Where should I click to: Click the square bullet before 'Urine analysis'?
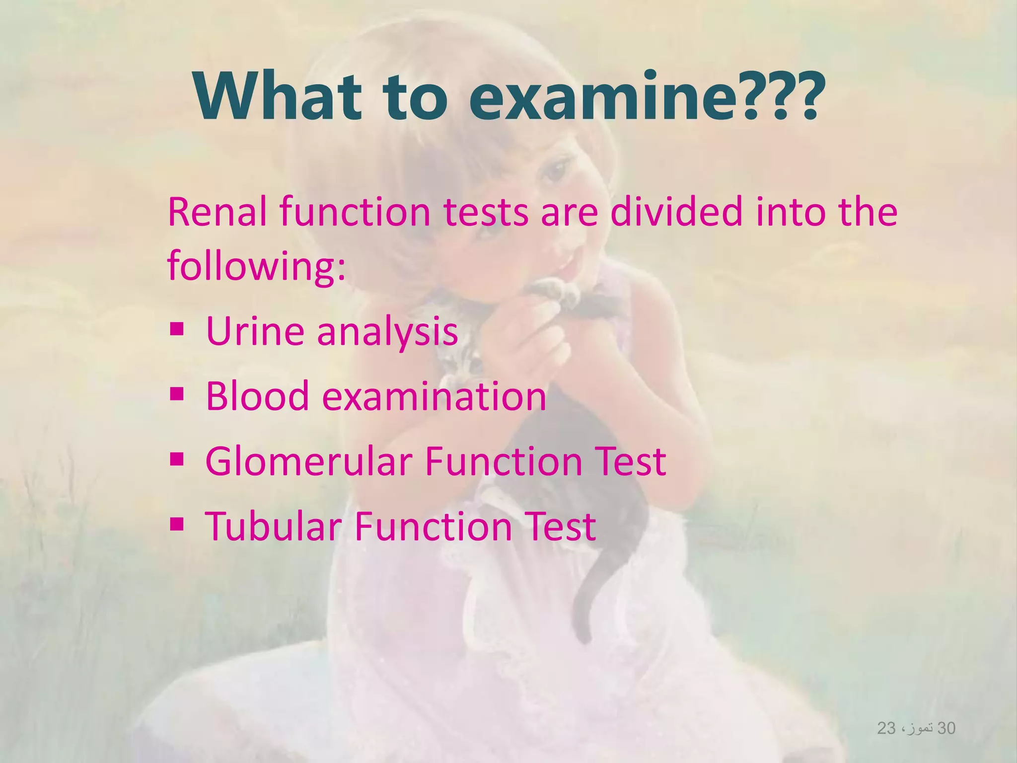(x=177, y=329)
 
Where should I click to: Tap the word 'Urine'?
(x=255, y=331)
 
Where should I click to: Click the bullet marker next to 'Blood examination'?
(x=177, y=394)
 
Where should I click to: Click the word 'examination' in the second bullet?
(x=434, y=396)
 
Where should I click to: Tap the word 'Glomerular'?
(x=308, y=461)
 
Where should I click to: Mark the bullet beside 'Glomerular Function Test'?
(x=177, y=459)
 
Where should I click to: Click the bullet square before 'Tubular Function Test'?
(x=177, y=524)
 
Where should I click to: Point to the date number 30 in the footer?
(x=946, y=728)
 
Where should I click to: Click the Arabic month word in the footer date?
(x=919, y=728)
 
